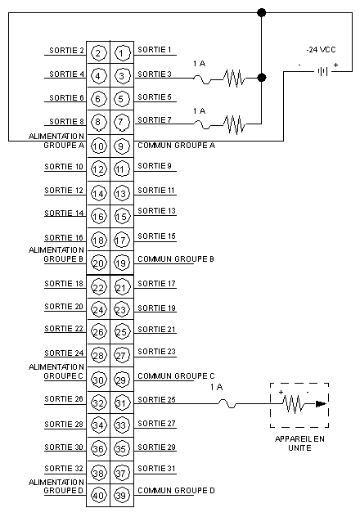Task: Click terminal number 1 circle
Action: [122, 53]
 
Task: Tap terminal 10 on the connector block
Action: [98, 146]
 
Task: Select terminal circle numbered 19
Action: [122, 263]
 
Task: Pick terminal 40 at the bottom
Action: [98, 495]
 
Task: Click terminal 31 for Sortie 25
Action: [122, 403]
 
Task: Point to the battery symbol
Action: [322, 71]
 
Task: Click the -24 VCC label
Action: [321, 50]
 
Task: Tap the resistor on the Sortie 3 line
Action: [234, 79]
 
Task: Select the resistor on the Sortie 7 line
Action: [234, 124]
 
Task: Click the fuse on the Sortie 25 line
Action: [227, 403]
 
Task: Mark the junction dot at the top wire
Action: [262, 13]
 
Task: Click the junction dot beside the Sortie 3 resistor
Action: [262, 78]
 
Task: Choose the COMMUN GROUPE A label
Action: [177, 146]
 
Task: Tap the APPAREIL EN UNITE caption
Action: [299, 443]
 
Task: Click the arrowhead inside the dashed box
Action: [321, 403]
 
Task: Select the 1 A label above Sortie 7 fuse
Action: [199, 110]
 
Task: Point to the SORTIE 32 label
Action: [64, 469]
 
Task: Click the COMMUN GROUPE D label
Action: [176, 491]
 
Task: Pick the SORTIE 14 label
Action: [64, 213]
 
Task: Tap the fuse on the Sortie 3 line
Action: [202, 79]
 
